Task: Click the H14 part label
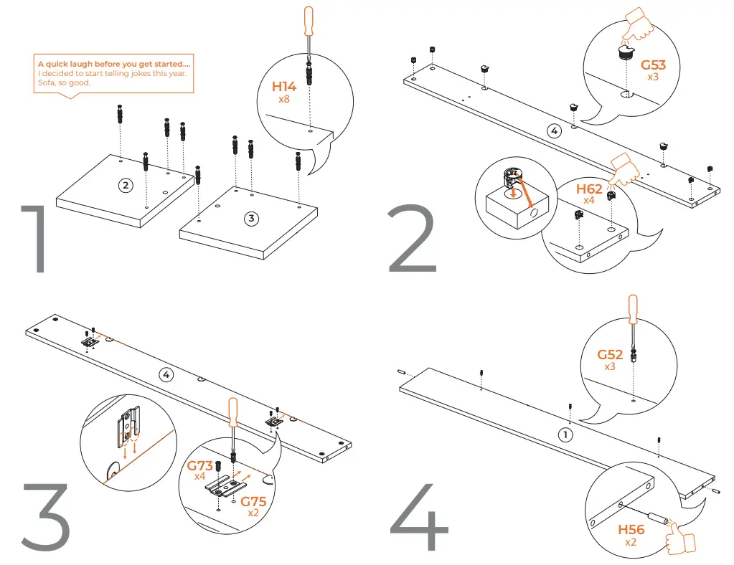283,87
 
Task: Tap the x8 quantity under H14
283,99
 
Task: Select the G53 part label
653,65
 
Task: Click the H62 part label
589,189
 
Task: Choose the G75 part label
253,501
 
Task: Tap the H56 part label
631,530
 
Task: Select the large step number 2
412,240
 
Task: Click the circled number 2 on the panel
125,186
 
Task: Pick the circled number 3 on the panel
250,219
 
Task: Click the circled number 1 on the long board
566,435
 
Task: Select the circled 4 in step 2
552,130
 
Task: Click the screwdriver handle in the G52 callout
632,309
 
